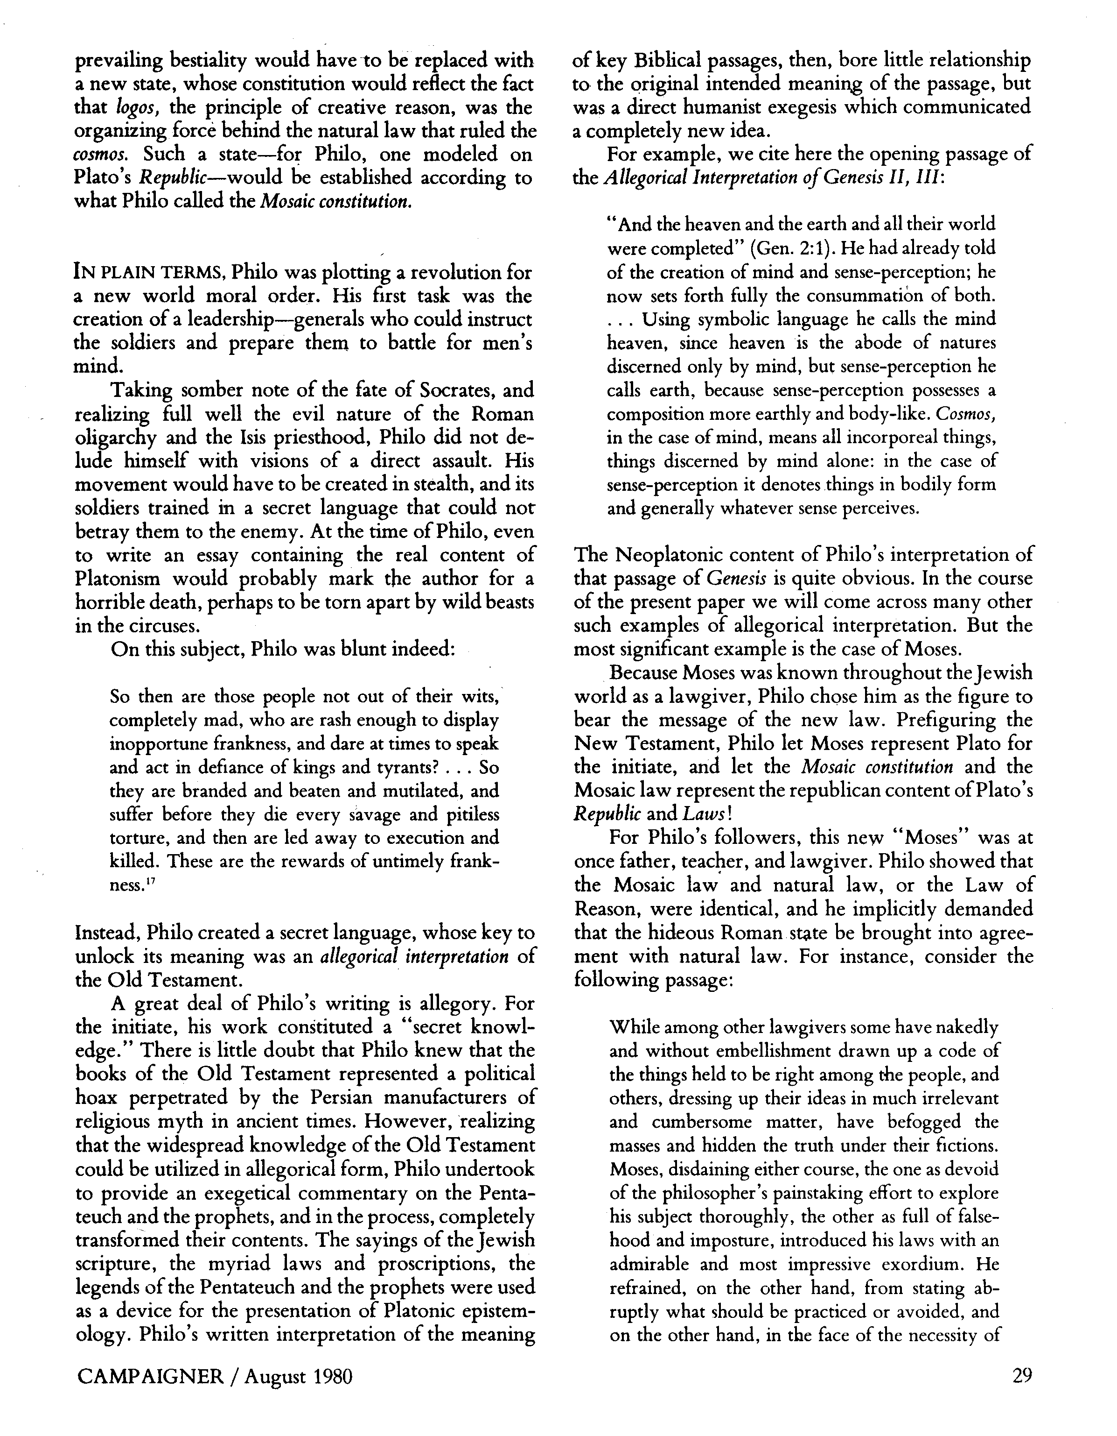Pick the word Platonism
click(x=118, y=579)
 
